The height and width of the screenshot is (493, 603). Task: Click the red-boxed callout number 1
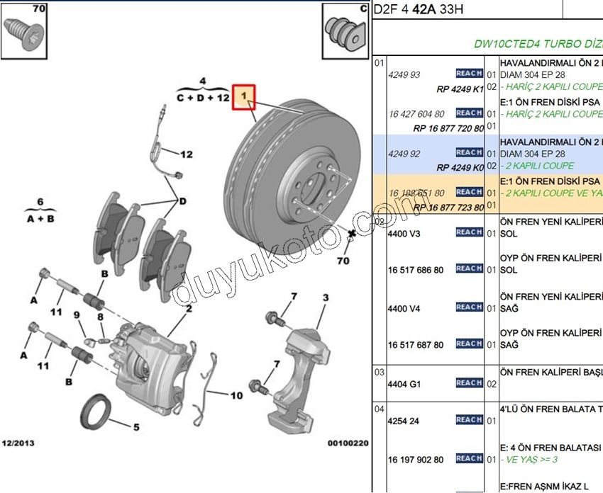pyautogui.click(x=244, y=96)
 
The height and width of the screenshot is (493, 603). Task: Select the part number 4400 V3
pyautogui.click(x=404, y=233)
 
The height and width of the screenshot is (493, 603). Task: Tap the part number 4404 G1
pyautogui.click(x=404, y=384)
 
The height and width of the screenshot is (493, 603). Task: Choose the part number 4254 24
pyautogui.click(x=404, y=421)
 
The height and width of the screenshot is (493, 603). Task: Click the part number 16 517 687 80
pyautogui.click(x=416, y=345)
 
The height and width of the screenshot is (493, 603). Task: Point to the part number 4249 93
pyautogui.click(x=404, y=74)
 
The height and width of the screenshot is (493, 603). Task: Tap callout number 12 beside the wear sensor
pyautogui.click(x=187, y=154)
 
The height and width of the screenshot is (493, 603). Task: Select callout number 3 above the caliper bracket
pyautogui.click(x=325, y=298)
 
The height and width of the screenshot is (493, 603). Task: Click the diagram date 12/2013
pyautogui.click(x=18, y=443)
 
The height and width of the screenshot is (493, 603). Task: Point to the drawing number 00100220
pyautogui.click(x=348, y=443)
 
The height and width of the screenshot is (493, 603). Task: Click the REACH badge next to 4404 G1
pyautogui.click(x=469, y=383)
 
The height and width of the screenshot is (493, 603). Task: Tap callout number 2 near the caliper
pyautogui.click(x=189, y=309)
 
